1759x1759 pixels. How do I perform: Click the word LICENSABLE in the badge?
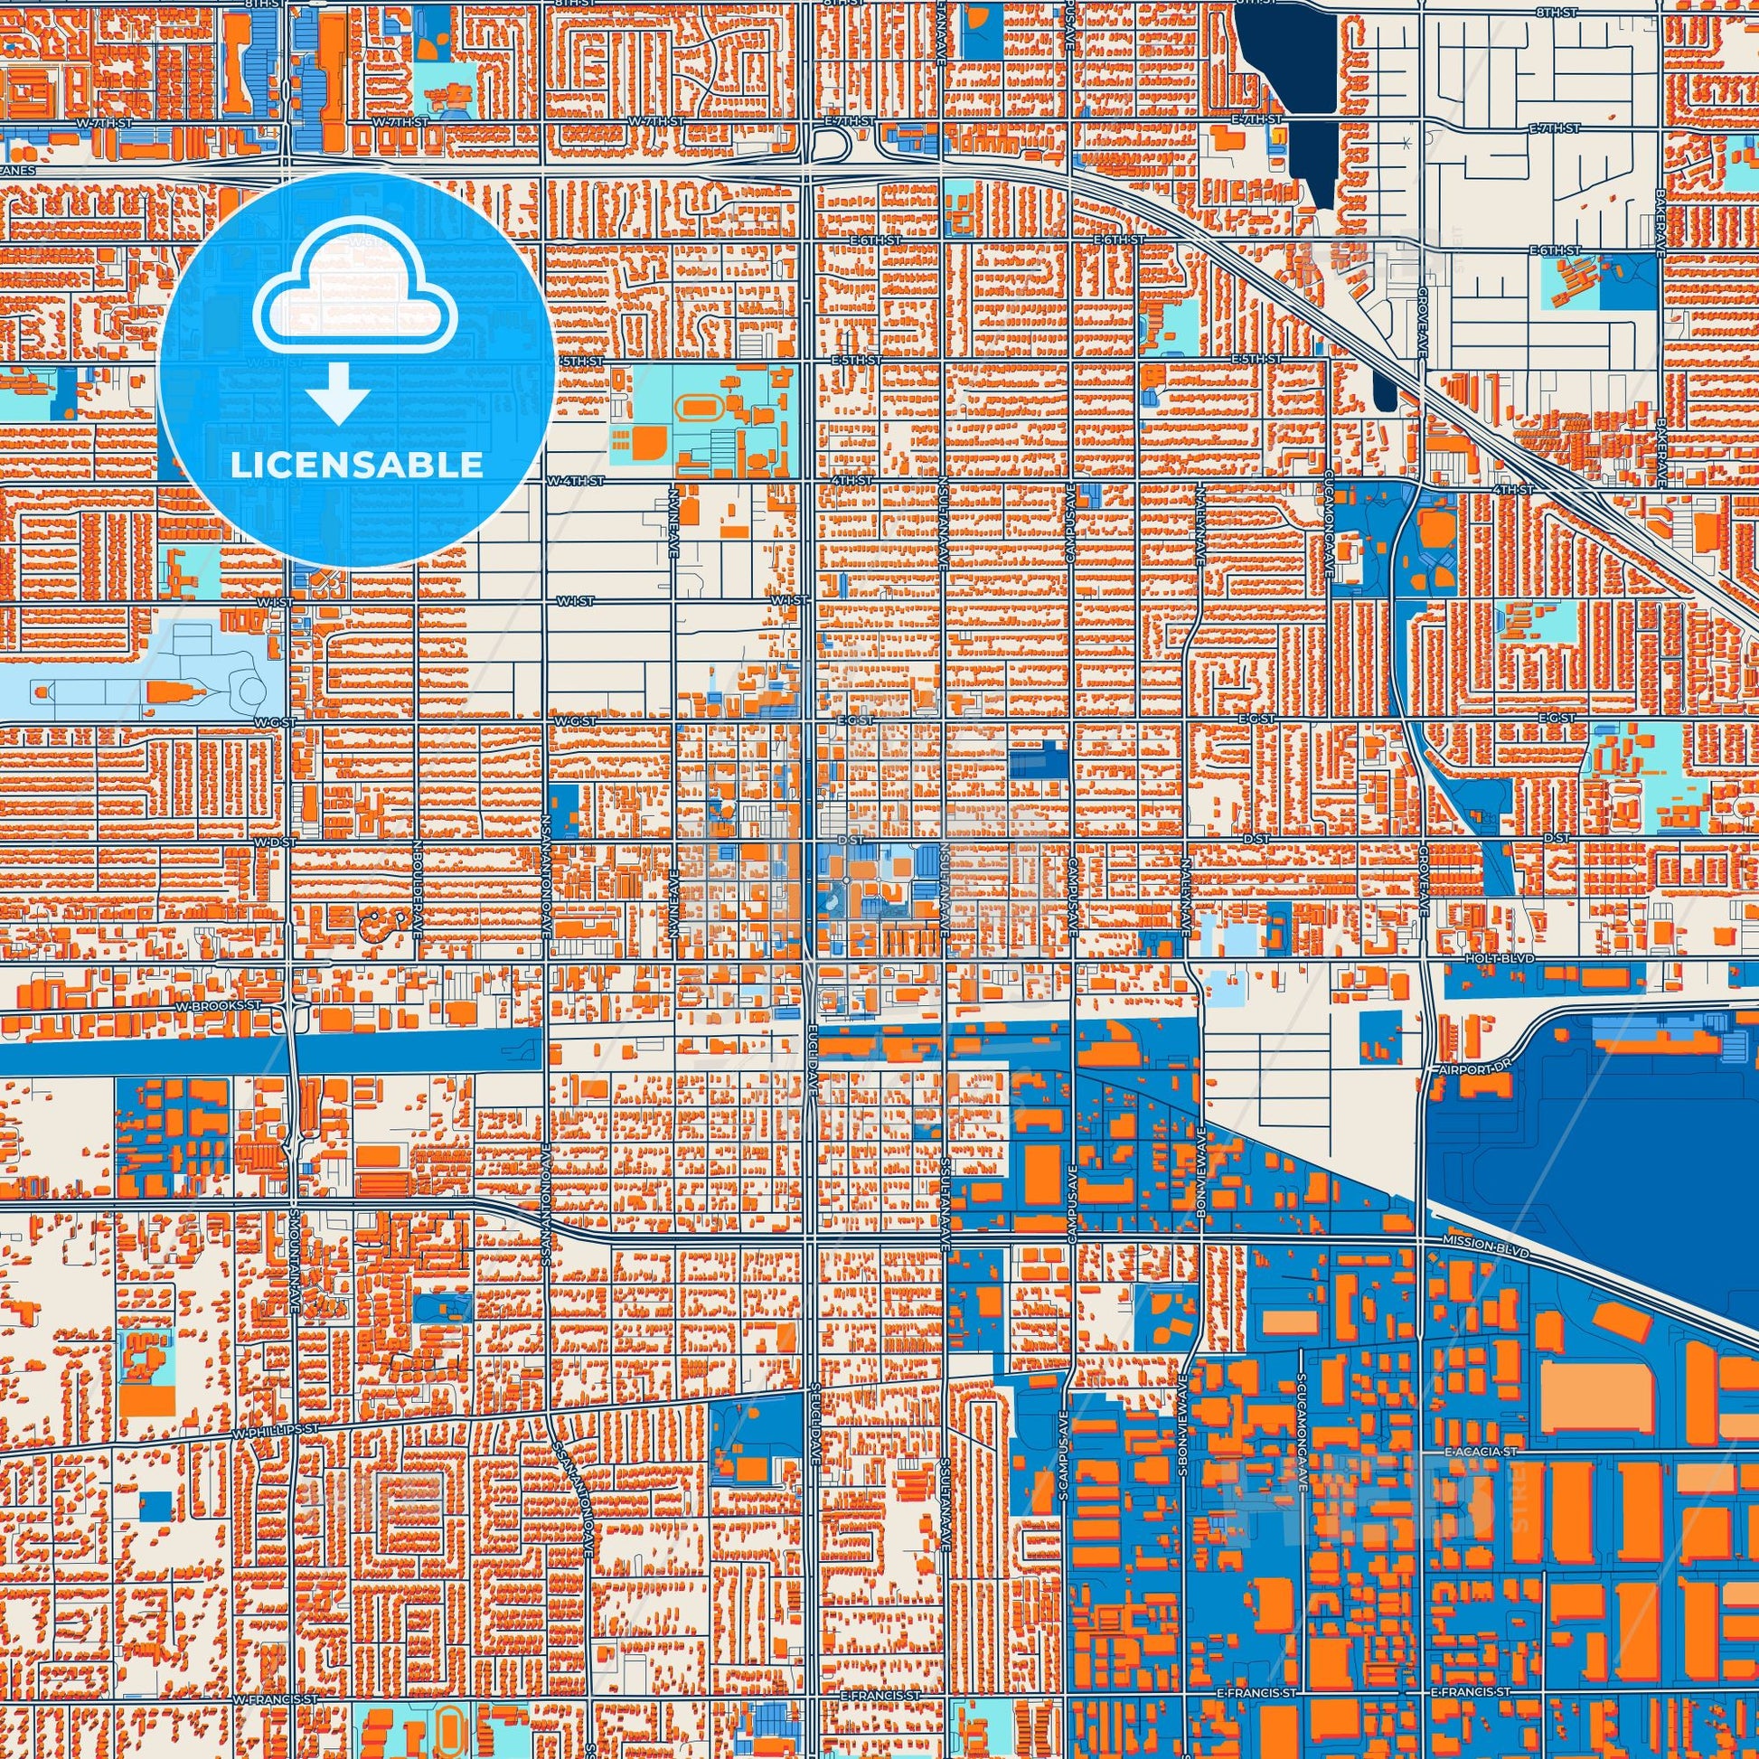(356, 466)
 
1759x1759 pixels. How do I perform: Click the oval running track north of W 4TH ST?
(700, 405)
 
